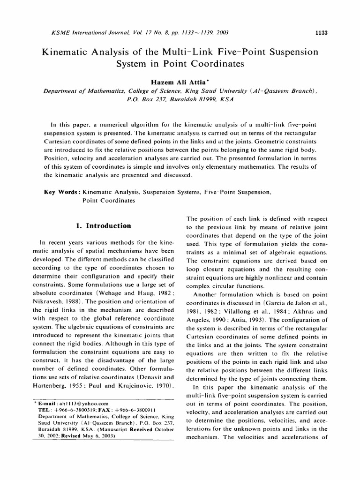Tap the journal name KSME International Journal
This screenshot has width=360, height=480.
point(74,32)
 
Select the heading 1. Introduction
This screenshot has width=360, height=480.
point(103,225)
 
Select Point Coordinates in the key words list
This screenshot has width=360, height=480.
point(109,200)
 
